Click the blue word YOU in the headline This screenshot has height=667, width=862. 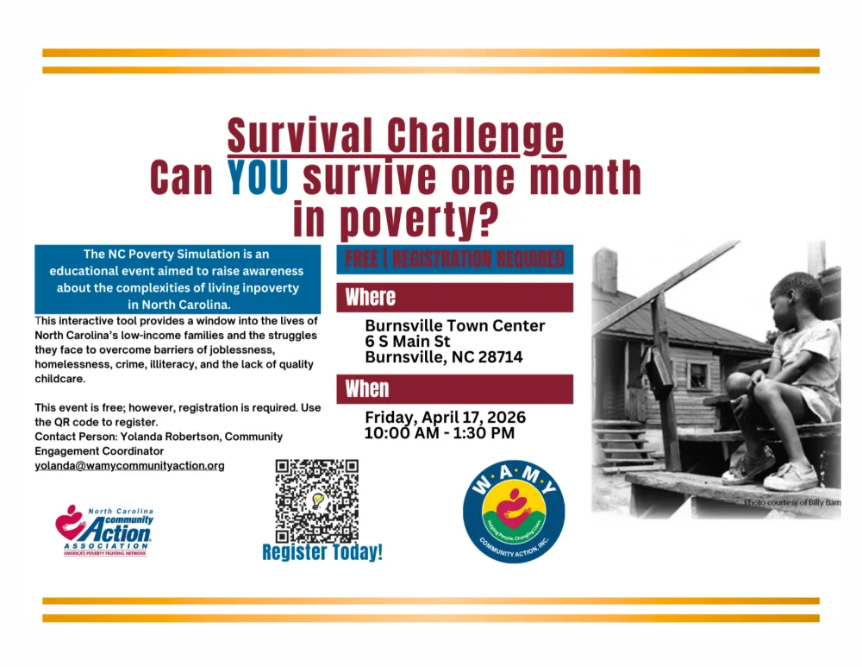click(x=259, y=178)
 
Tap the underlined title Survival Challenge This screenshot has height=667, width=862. click(x=396, y=136)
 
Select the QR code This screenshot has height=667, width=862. click(x=316, y=500)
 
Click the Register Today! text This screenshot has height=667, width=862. click(x=322, y=552)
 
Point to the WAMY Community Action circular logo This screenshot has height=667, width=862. click(x=514, y=511)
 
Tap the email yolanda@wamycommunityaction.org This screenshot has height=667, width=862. click(x=129, y=466)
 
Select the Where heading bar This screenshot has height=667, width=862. click(x=454, y=298)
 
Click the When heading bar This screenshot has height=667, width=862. click(x=454, y=389)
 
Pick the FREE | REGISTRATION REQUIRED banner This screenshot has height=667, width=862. click(x=454, y=259)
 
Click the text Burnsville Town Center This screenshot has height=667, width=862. click(x=454, y=326)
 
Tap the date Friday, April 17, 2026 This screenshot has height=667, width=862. click(x=445, y=418)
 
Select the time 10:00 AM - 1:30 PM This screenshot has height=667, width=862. click(x=439, y=433)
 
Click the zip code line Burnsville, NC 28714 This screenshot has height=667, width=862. click(x=443, y=357)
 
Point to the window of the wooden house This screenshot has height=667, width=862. click(x=696, y=375)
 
